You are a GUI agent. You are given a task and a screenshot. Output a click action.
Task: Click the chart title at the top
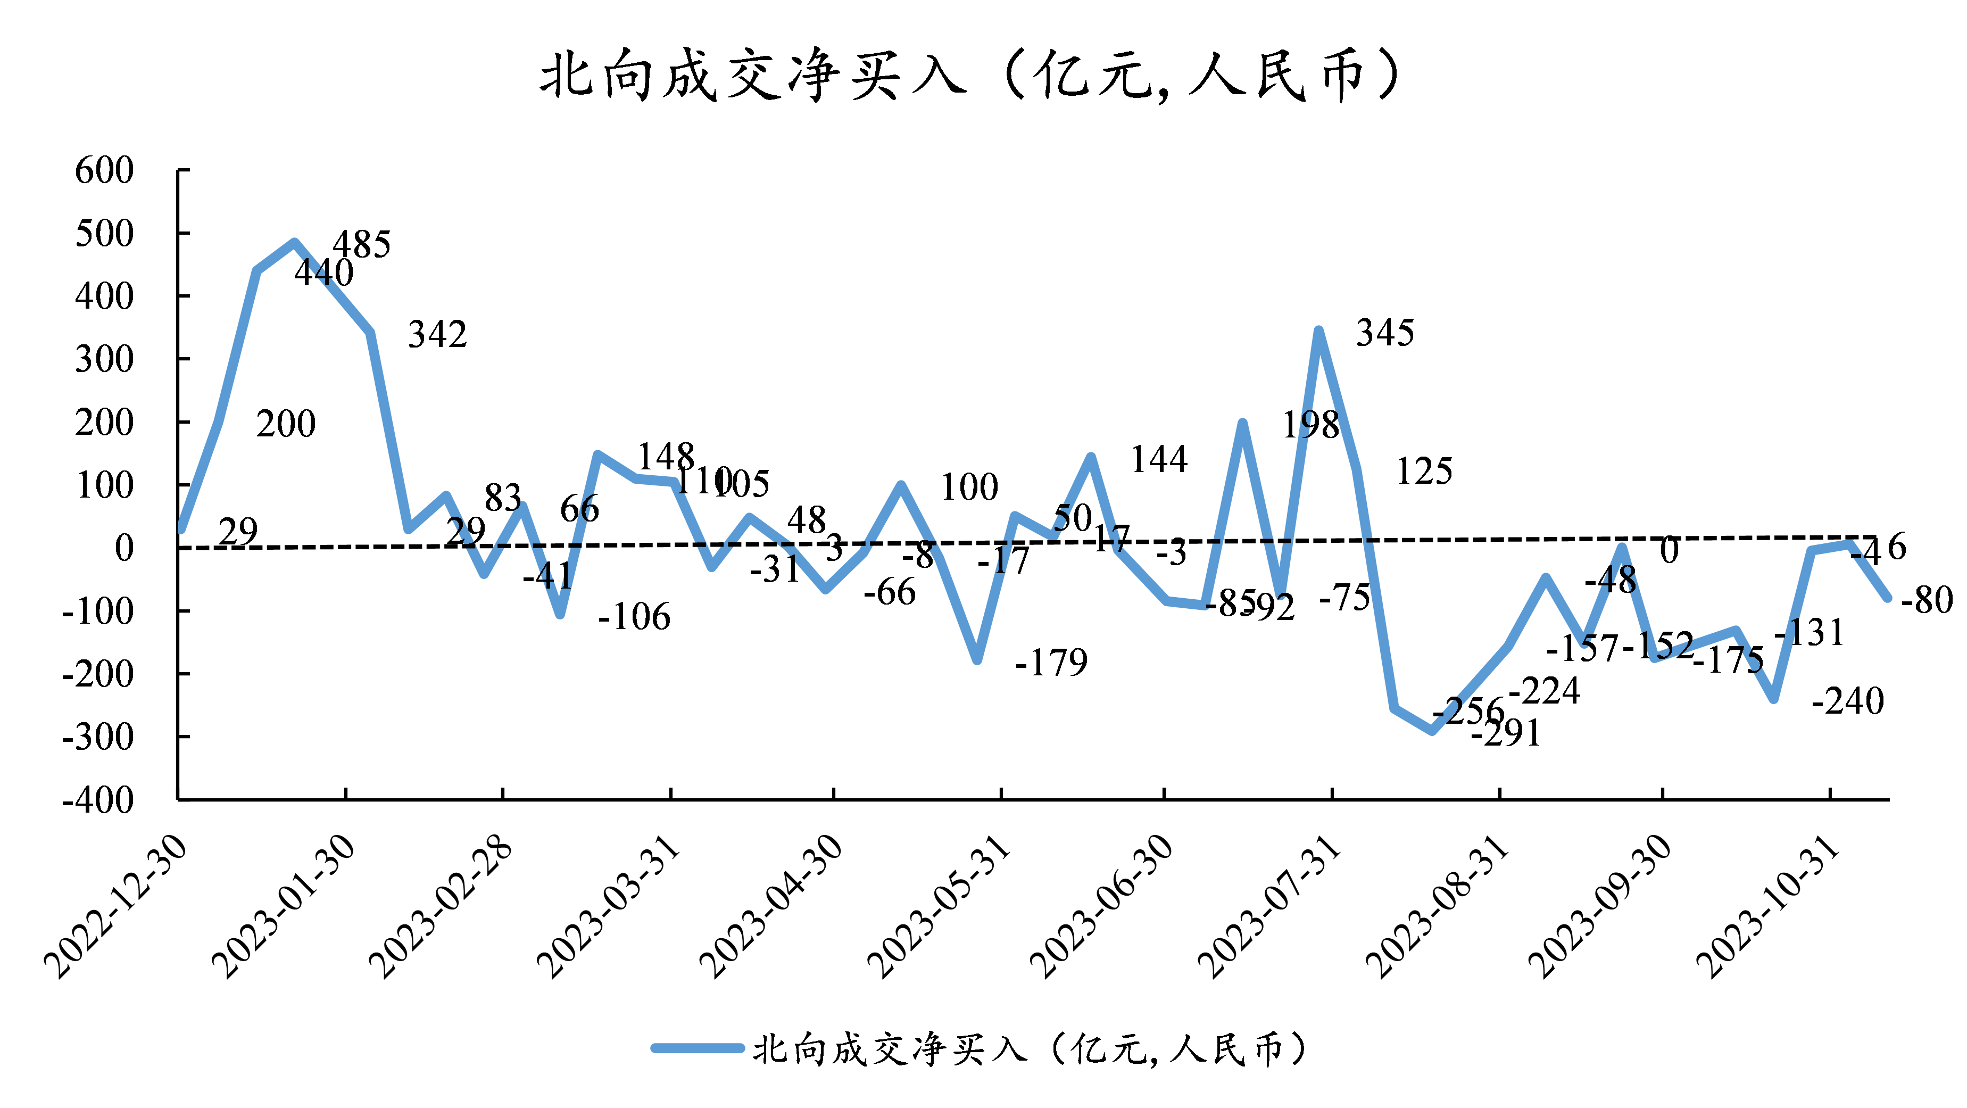click(970, 76)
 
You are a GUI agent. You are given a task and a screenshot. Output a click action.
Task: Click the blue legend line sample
click(696, 1048)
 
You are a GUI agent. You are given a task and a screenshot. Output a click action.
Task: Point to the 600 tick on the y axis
click(105, 170)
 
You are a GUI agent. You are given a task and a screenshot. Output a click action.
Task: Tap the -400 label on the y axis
click(98, 800)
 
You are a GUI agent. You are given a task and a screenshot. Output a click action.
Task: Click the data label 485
click(361, 244)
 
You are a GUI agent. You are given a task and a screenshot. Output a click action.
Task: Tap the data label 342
click(437, 334)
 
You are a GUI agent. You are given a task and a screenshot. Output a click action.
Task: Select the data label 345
click(1384, 333)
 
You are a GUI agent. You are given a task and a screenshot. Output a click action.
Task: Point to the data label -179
click(1051, 662)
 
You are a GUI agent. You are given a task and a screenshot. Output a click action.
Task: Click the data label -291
click(1505, 733)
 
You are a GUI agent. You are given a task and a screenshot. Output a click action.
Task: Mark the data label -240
click(1848, 701)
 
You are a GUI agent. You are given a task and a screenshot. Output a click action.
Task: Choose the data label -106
click(634, 617)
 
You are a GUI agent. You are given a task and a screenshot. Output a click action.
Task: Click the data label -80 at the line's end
click(1927, 600)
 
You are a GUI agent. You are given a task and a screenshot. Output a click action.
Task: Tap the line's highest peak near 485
click(295, 243)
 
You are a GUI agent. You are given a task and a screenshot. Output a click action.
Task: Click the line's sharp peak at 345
click(1319, 330)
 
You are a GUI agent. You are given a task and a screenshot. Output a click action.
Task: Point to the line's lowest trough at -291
click(1432, 731)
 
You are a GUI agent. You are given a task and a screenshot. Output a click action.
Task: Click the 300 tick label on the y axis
click(105, 359)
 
